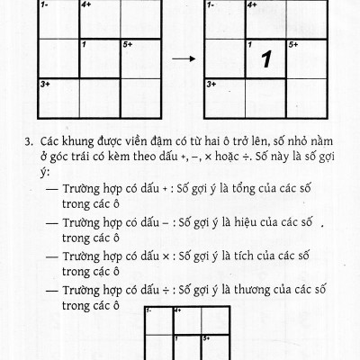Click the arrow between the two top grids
click(x=184, y=60)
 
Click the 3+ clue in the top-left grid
click(x=44, y=84)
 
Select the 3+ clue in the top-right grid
click(x=211, y=84)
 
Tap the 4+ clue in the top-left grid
click(x=86, y=4)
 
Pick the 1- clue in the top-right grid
click(x=211, y=4)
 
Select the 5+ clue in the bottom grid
click(x=206, y=338)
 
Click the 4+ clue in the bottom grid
click(x=177, y=310)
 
